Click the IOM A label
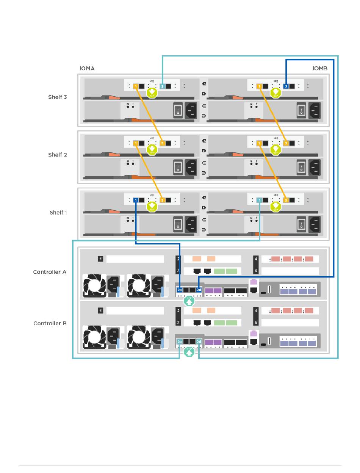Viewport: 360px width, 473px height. pyautogui.click(x=87, y=68)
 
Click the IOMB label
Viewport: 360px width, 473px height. pyautogui.click(x=320, y=68)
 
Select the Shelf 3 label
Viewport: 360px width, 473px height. pyautogui.click(x=58, y=97)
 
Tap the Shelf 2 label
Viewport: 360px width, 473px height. pyautogui.click(x=58, y=155)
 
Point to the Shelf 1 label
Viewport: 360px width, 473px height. pyautogui.click(x=58, y=213)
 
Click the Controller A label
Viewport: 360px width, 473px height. pyautogui.click(x=50, y=272)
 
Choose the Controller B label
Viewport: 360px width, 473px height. pyautogui.click(x=50, y=323)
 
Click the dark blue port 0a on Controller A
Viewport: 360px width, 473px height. pyautogui.click(x=180, y=290)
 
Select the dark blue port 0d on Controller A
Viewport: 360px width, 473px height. pyautogui.click(x=199, y=290)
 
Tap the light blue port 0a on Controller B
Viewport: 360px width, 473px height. pyautogui.click(x=180, y=341)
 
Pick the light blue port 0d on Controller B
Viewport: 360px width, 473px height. pyautogui.click(x=199, y=341)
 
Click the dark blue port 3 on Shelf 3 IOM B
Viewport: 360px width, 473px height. pyautogui.click(x=286, y=86)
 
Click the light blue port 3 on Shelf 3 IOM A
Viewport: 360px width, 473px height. pyautogui.click(x=163, y=86)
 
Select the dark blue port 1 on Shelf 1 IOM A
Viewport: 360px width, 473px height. pyautogui.click(x=136, y=200)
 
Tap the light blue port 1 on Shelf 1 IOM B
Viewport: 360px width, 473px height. pyautogui.click(x=259, y=200)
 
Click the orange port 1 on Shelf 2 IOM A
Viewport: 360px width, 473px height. pyautogui.click(x=136, y=143)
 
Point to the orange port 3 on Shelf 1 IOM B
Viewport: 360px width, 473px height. pyautogui.click(x=286, y=200)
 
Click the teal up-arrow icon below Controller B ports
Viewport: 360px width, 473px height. pyautogui.click(x=189, y=352)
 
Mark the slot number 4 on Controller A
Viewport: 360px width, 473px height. pyautogui.click(x=256, y=259)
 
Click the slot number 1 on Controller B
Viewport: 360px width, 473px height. pyautogui.click(x=100, y=310)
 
